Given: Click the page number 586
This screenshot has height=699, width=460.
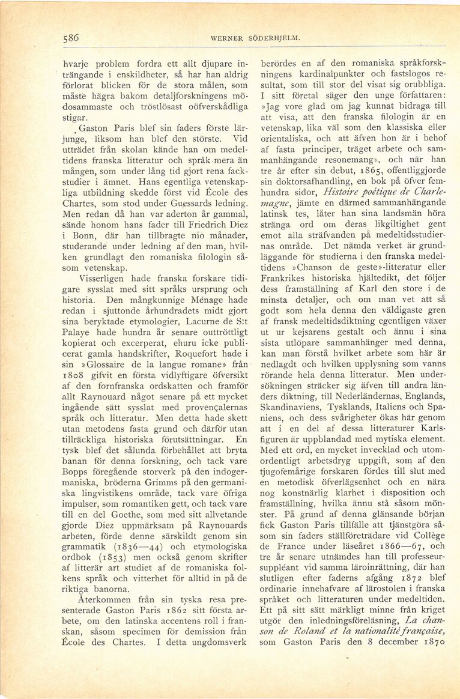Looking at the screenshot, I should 71,37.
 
